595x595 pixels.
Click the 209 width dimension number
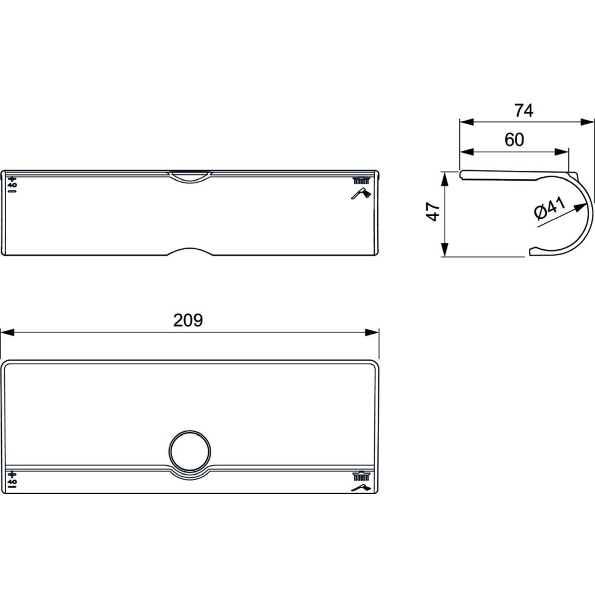point(188,320)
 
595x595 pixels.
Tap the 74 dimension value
point(524,111)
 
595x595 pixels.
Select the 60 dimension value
point(514,140)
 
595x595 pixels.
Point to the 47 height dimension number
point(433,212)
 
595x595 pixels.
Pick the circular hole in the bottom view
point(189,450)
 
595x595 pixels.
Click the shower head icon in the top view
point(361,193)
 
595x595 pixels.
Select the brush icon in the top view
point(362,181)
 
